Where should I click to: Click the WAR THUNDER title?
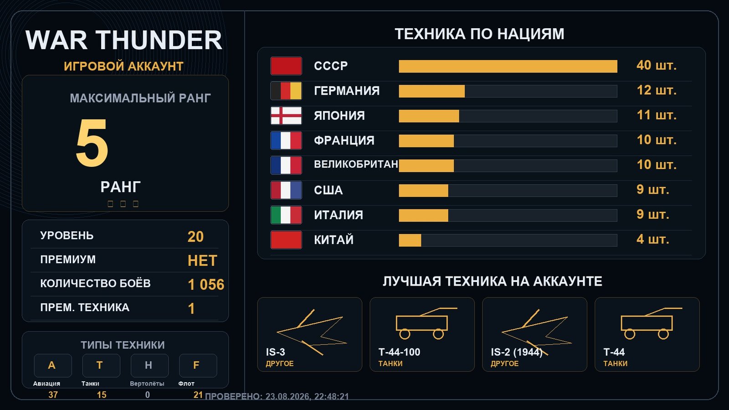click(x=123, y=40)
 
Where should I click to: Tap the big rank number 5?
click(x=92, y=143)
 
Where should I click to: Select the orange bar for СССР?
click(x=508, y=66)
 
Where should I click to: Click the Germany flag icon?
click(x=286, y=91)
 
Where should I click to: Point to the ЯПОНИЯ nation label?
click(x=339, y=116)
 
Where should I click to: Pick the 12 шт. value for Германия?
click(x=657, y=90)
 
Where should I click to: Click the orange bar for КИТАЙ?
click(x=410, y=240)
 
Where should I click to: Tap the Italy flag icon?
click(x=286, y=215)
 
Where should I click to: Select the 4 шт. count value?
click(x=653, y=240)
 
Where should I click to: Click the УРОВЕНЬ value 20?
click(x=195, y=236)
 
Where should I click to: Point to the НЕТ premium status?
click(x=202, y=261)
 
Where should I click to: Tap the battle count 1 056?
click(x=206, y=284)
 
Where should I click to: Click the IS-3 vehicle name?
click(x=275, y=352)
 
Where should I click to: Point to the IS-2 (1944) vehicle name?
click(x=517, y=352)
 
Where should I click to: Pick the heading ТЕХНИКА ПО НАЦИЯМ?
click(x=479, y=34)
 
